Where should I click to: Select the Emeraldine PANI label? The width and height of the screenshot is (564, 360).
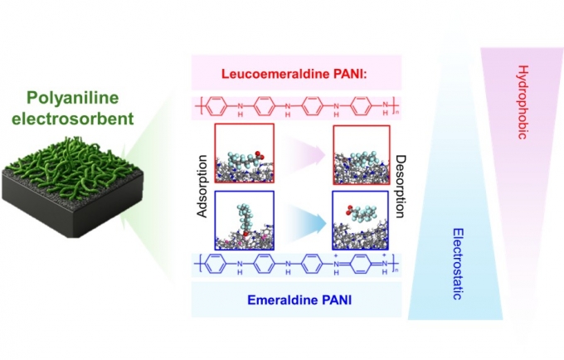pos(297,299)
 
